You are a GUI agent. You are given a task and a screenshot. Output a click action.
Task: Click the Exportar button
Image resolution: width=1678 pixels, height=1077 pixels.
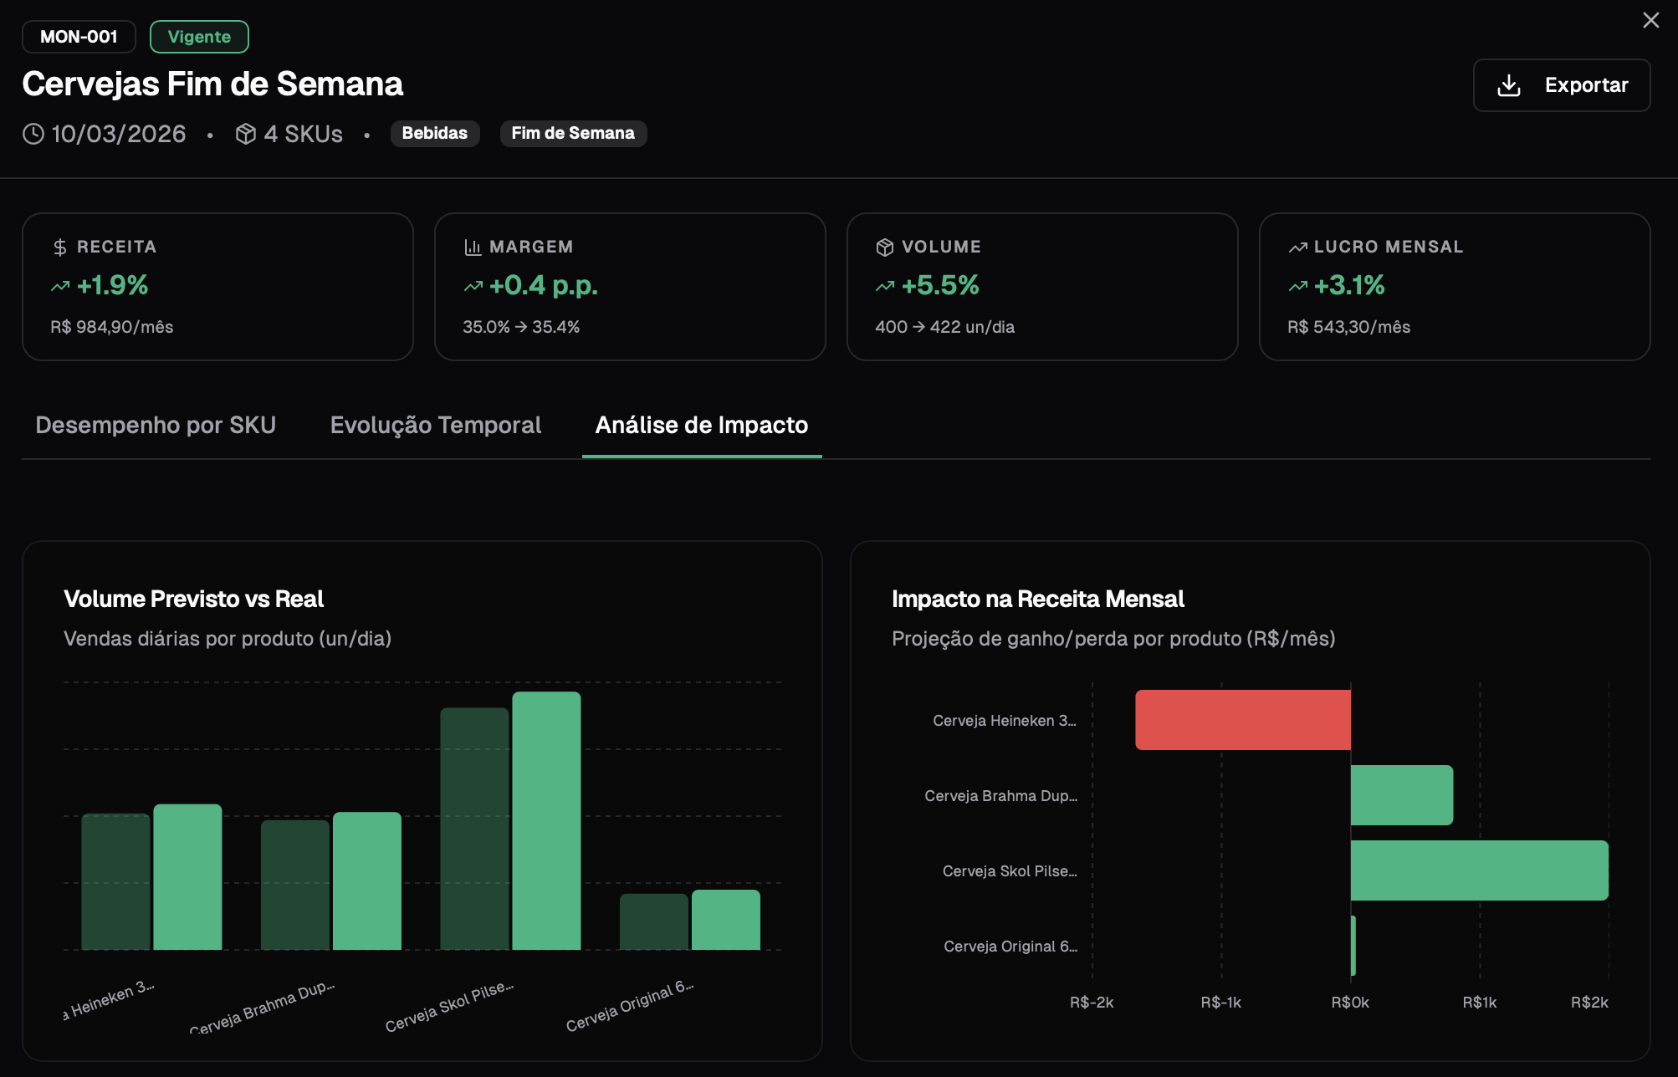coord(1561,85)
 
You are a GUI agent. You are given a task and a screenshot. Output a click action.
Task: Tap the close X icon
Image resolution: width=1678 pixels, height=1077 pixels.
coord(1650,20)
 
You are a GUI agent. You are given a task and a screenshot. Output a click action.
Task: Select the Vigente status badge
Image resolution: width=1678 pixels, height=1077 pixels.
coord(199,37)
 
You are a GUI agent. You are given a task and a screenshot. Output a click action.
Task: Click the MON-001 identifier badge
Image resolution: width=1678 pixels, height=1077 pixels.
coord(79,37)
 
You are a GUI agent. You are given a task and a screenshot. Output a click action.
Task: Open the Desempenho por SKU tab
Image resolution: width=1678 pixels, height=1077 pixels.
coord(156,425)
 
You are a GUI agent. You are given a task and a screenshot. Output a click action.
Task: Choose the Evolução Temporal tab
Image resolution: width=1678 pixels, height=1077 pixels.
coord(436,425)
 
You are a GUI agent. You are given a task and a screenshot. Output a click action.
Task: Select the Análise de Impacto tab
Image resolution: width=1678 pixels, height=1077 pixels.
coord(701,425)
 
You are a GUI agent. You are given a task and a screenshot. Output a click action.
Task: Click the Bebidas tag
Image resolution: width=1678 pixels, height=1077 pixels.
coord(434,133)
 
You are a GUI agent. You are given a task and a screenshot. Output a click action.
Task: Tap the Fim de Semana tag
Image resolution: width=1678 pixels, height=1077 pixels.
coord(573,133)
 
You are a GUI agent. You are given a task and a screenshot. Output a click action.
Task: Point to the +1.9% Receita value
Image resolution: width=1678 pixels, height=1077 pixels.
coord(112,285)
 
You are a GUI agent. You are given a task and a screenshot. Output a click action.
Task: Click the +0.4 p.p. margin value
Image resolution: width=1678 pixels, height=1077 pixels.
coord(543,285)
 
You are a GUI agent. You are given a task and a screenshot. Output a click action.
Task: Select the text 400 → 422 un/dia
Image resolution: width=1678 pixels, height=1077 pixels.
coord(944,327)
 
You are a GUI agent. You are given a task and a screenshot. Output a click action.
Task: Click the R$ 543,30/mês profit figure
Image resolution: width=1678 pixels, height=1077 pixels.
coord(1348,327)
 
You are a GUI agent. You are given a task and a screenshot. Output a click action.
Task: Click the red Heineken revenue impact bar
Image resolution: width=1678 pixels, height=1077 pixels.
coord(1242,720)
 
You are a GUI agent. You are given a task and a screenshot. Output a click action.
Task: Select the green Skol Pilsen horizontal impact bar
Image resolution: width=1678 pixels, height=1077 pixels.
coord(1479,870)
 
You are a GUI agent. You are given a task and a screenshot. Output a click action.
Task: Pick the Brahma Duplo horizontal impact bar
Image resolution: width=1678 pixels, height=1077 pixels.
coord(1401,795)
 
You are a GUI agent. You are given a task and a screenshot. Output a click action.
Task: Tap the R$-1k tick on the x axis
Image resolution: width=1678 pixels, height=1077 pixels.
coord(1220,1002)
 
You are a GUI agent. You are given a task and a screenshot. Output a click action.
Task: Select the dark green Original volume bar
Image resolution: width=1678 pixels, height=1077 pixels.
coord(653,921)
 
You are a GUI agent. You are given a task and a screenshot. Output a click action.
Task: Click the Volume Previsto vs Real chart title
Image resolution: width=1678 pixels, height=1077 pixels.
coord(193,599)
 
